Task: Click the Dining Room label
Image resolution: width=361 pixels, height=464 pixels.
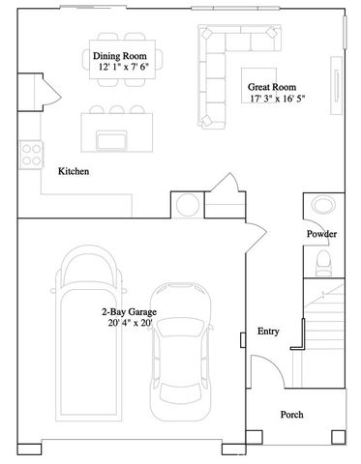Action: click(121, 56)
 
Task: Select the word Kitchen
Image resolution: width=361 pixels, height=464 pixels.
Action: click(74, 171)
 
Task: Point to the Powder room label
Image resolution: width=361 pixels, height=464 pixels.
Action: click(321, 235)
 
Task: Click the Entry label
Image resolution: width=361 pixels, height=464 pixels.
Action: click(268, 332)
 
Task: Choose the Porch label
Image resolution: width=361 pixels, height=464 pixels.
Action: click(291, 415)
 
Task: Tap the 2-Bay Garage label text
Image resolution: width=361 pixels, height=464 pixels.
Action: click(130, 312)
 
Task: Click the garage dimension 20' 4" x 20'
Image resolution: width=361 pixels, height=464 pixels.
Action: click(130, 324)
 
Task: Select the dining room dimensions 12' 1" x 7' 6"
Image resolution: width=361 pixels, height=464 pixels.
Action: click(121, 68)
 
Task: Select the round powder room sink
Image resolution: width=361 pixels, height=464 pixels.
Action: click(321, 206)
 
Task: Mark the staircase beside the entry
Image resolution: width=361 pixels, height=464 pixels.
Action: click(325, 329)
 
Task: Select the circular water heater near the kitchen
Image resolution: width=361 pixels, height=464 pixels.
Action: click(188, 204)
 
